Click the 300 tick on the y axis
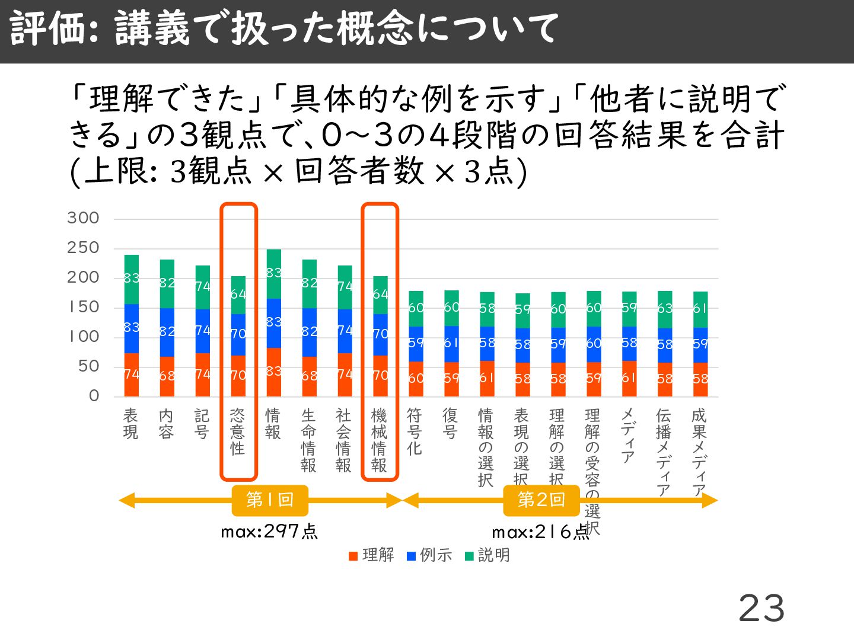pos(83,218)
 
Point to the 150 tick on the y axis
pos(83,307)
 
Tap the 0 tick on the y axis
pos(94,396)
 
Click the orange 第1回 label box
pos(270,500)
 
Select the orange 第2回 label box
pos(541,500)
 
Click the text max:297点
pos(269,532)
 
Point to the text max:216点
pos(540,532)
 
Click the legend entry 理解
pos(372,555)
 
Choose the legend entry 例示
pos(429,555)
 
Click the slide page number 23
pos(761,609)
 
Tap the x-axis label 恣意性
pos(238,431)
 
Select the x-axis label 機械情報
pos(380,440)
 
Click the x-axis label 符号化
pos(415,431)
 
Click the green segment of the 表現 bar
pos(132,279)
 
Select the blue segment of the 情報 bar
pos(273,323)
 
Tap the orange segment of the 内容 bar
pos(167,376)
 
